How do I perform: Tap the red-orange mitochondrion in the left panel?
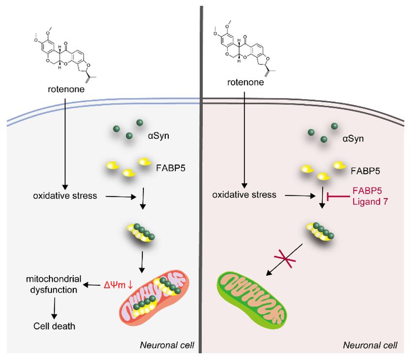(x=154, y=298)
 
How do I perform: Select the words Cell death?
(x=54, y=326)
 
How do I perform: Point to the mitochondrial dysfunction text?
(x=54, y=284)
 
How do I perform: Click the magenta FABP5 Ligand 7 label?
(x=370, y=196)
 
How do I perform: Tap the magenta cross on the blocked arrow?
(x=285, y=258)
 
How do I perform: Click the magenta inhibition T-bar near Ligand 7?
(x=338, y=196)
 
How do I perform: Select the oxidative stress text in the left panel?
(x=65, y=196)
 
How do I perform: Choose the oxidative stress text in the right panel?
(x=244, y=195)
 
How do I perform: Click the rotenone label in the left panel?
(x=66, y=89)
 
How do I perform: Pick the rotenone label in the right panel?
(x=245, y=82)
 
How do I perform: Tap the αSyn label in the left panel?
(x=158, y=136)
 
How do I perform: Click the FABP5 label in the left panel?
(x=171, y=168)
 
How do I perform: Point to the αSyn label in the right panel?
(x=353, y=139)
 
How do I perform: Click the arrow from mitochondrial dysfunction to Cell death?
(x=54, y=308)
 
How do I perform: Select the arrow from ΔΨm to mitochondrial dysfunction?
(x=92, y=284)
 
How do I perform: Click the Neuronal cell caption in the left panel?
(x=167, y=345)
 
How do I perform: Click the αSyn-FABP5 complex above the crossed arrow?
(x=319, y=231)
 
